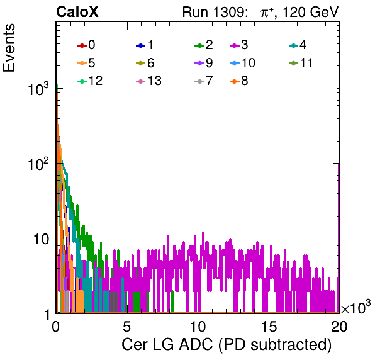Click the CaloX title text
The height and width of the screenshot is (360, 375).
coord(77,12)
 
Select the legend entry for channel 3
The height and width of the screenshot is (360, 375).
coord(239,45)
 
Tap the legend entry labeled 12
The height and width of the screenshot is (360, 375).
coord(90,81)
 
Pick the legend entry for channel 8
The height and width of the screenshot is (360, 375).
coord(239,81)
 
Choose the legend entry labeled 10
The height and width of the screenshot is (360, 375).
coord(242,63)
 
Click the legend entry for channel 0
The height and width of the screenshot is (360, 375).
coord(86,45)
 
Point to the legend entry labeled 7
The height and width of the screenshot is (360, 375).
coord(204,81)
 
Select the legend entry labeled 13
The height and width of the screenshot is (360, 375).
coord(148,81)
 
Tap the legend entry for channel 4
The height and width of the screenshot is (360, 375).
coord(298,45)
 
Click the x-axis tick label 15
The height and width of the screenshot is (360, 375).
coord(269,327)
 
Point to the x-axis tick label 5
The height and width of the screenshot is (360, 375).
coord(126,327)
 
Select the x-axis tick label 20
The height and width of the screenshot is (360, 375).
coord(339,327)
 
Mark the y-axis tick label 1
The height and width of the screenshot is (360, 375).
coord(48,315)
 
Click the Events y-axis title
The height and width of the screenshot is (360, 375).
coord(9,48)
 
